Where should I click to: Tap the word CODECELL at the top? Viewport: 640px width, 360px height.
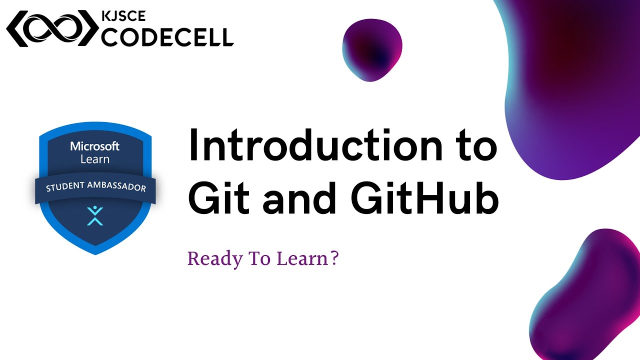[x=167, y=36]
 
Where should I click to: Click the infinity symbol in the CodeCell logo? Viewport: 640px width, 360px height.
[x=52, y=29]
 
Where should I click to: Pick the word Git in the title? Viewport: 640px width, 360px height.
[x=218, y=198]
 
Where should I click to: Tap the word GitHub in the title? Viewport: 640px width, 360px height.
[x=421, y=198]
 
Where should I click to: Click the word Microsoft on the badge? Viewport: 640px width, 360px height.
[x=95, y=146]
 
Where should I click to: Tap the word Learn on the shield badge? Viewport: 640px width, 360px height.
[x=95, y=159]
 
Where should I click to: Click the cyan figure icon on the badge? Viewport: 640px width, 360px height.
[x=95, y=215]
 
